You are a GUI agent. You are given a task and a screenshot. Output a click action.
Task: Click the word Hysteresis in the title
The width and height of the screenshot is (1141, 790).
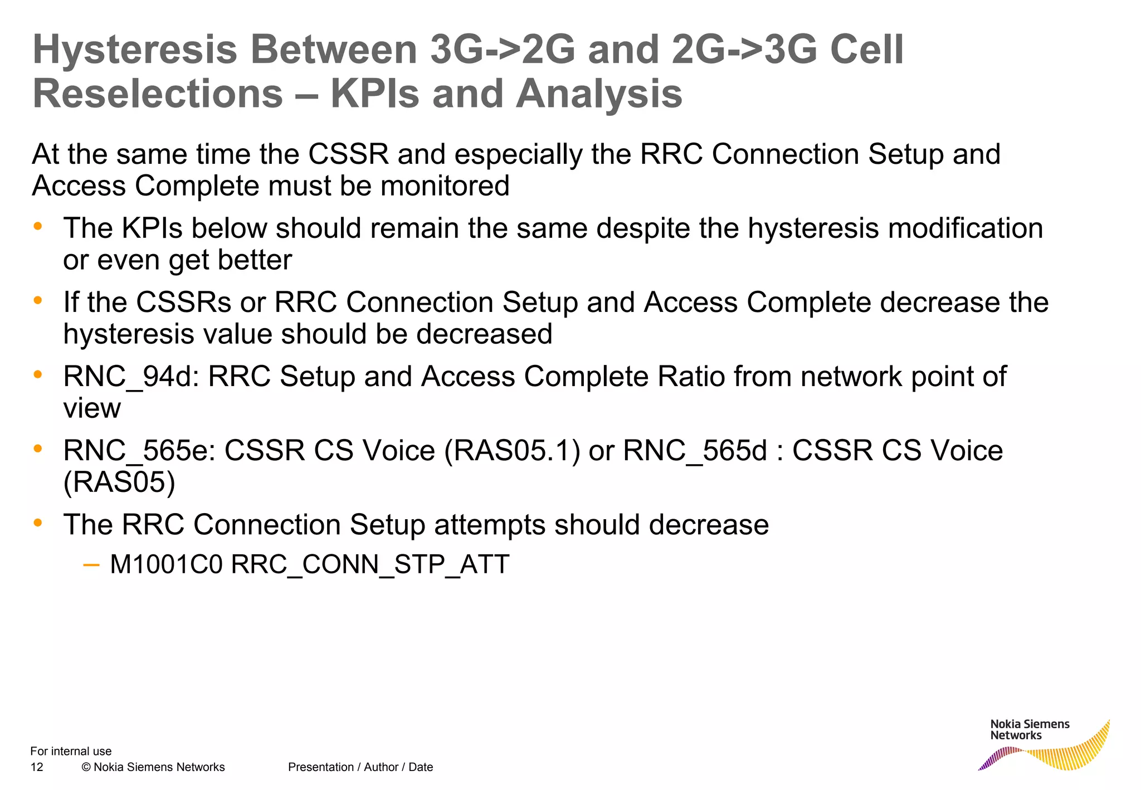(135, 50)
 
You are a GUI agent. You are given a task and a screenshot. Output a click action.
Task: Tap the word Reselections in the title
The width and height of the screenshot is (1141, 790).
(158, 94)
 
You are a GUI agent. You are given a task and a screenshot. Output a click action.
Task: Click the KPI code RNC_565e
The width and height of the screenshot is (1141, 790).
(139, 451)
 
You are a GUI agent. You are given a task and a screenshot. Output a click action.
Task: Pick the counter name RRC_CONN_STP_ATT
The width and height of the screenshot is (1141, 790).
(370, 564)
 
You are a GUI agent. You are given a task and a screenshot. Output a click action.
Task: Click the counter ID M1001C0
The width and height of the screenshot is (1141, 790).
(166, 564)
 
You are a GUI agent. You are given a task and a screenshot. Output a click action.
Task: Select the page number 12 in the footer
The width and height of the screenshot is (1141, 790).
(37, 767)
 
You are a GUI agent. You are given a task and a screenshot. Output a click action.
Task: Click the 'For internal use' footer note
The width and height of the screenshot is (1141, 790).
(71, 751)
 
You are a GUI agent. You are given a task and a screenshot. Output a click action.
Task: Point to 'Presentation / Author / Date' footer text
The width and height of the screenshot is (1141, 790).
(360, 767)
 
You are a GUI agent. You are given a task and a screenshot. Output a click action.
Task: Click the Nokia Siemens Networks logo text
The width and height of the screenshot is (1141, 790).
(1030, 730)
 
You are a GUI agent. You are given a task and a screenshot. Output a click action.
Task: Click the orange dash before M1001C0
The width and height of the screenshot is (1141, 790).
(91, 565)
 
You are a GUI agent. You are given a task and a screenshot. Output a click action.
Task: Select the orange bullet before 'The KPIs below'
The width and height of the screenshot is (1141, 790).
(38, 226)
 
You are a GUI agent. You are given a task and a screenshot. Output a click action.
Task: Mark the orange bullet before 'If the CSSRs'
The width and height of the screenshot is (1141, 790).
(38, 300)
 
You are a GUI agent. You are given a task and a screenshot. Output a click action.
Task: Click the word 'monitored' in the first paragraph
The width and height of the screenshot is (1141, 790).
(445, 186)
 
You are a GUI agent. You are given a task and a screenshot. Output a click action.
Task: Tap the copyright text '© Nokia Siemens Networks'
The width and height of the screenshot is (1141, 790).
(153, 767)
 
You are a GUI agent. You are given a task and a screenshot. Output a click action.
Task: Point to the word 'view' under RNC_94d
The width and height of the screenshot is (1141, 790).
(92, 409)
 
